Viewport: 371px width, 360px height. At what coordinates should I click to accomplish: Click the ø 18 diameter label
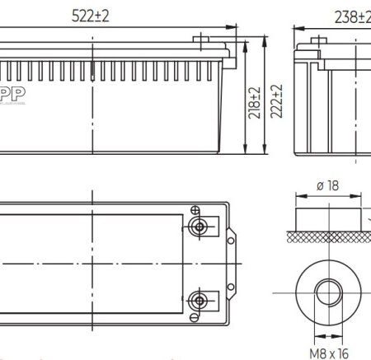(x=328, y=186)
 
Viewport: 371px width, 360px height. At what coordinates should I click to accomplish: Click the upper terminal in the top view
(x=198, y=227)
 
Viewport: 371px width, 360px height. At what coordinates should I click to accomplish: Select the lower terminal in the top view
(x=198, y=298)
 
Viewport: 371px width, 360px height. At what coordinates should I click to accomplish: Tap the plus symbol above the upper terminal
(x=195, y=210)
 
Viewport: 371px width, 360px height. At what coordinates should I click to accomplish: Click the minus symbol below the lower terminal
(x=195, y=317)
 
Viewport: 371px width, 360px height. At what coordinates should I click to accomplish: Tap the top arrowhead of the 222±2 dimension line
(x=263, y=39)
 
